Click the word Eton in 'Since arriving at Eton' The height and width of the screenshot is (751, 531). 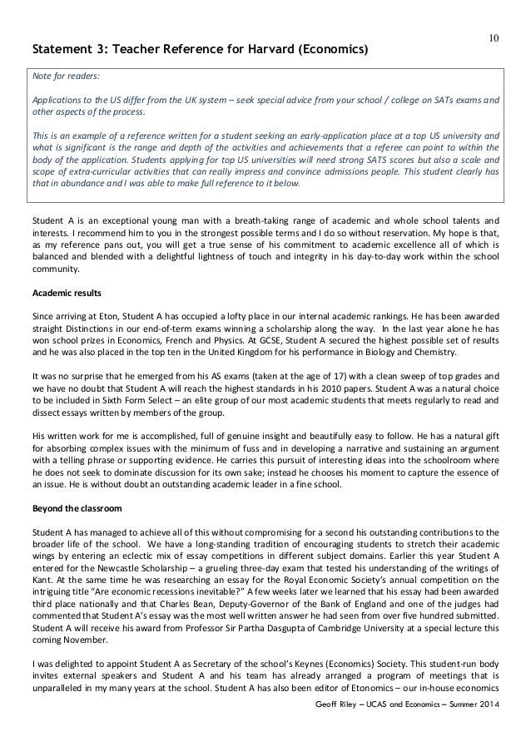click(94, 318)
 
